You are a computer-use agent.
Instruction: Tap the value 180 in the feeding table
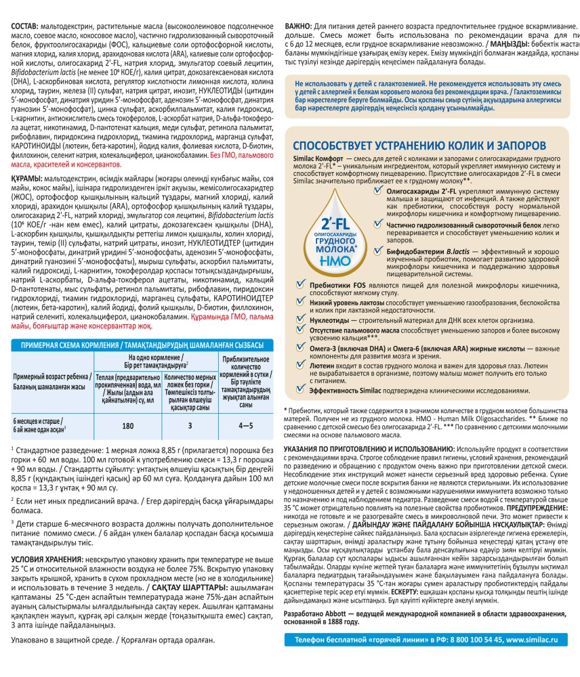point(127,425)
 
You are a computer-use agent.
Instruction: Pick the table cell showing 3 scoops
point(190,425)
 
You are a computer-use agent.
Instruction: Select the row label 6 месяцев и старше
point(38,421)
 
